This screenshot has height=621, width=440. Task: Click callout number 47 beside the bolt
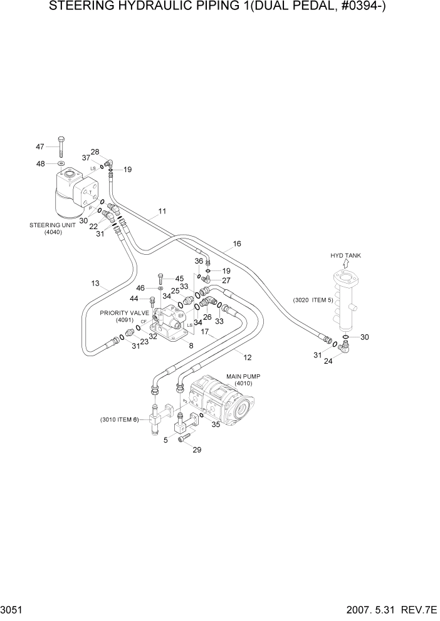click(39, 146)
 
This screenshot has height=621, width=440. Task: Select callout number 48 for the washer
click(39, 163)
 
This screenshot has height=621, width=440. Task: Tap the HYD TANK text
click(346, 255)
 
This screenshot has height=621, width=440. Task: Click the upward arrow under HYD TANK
click(345, 265)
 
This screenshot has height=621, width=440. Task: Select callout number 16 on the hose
click(237, 244)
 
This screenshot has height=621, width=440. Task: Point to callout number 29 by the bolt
click(197, 450)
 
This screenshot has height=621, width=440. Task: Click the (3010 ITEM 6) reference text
click(119, 419)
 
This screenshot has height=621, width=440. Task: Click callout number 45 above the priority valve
click(179, 279)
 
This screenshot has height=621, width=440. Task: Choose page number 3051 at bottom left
click(14, 608)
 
